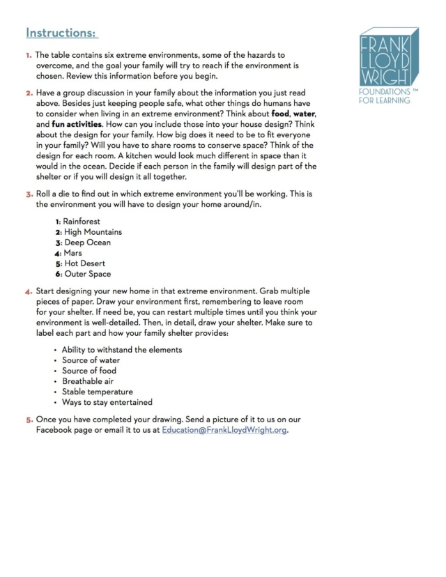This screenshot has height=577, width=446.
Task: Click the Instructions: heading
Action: [62, 33]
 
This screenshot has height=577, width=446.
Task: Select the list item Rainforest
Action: [82, 222]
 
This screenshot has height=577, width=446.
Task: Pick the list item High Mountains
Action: [93, 232]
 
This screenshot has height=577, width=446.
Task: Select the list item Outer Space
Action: [88, 274]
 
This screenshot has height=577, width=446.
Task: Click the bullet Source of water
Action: [91, 360]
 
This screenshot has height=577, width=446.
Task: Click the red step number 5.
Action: [29, 420]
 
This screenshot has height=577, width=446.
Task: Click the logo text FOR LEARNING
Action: [384, 100]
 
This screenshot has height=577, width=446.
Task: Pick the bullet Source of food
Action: [89, 371]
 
